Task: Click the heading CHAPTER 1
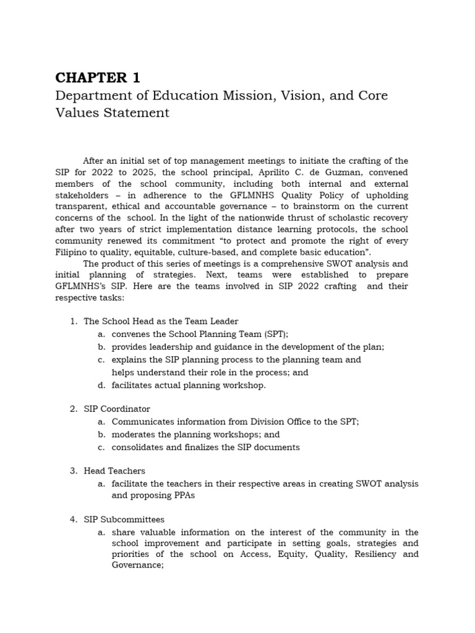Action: (98, 78)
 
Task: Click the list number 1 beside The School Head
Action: (73, 321)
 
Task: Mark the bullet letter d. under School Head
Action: (101, 385)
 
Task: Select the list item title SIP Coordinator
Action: (117, 409)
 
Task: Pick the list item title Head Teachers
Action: (114, 471)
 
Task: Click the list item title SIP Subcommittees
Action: (124, 519)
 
